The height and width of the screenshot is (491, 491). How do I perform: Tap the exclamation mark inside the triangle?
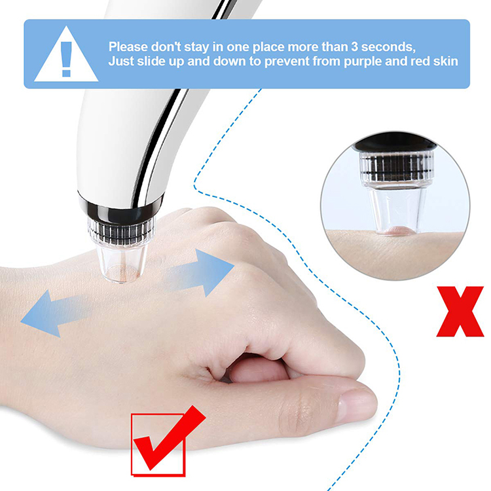click(x=66, y=58)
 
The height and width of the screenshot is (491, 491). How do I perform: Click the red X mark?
click(x=460, y=311)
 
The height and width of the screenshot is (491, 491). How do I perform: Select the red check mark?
click(x=166, y=439)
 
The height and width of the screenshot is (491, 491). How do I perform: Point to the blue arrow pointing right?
click(x=200, y=272)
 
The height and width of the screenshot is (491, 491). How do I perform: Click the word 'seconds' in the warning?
click(x=388, y=47)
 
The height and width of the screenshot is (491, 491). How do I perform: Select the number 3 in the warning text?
click(x=354, y=47)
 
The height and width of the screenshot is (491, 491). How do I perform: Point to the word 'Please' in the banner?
click(x=128, y=47)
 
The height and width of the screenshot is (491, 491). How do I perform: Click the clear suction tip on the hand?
click(x=122, y=263)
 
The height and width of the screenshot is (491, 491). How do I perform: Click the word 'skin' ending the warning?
click(x=446, y=62)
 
